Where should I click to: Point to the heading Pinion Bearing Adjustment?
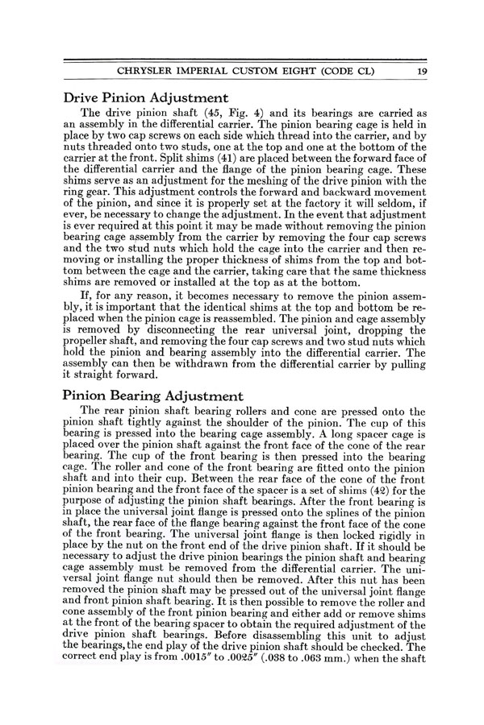coord(152,396)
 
